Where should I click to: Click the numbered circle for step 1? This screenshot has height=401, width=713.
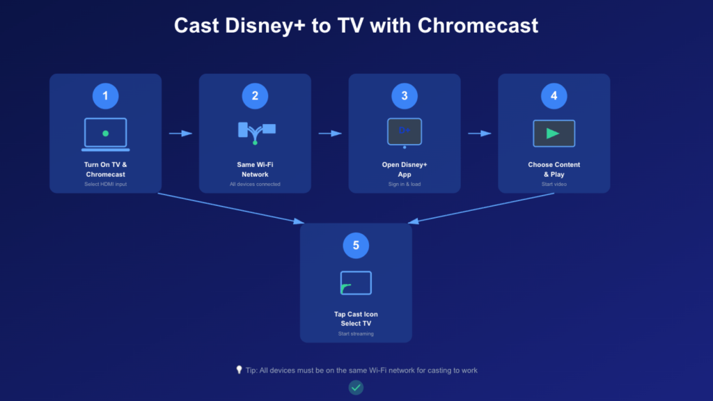click(x=105, y=96)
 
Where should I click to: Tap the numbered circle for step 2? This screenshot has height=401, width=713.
click(x=255, y=96)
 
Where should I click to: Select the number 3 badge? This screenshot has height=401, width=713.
click(x=405, y=96)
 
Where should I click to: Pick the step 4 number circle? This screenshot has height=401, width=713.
click(x=554, y=96)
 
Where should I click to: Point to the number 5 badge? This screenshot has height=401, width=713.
click(x=356, y=245)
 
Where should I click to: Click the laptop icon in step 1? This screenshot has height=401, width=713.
click(x=105, y=134)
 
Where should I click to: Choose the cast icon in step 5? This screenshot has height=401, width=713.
click(x=356, y=283)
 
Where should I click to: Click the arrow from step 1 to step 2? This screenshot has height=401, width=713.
click(x=180, y=133)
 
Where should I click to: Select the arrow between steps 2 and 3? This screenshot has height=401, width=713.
click(x=330, y=133)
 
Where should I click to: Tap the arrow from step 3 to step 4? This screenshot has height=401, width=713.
click(x=480, y=133)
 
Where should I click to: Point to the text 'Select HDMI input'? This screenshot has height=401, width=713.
click(x=105, y=184)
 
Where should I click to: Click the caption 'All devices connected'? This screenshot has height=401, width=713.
click(x=255, y=184)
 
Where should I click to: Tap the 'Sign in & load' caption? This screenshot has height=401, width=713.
click(x=405, y=184)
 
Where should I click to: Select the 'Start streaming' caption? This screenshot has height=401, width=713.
click(x=356, y=334)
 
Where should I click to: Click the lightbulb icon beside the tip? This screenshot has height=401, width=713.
click(x=239, y=370)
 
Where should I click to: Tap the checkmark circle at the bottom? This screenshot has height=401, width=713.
click(x=356, y=387)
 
